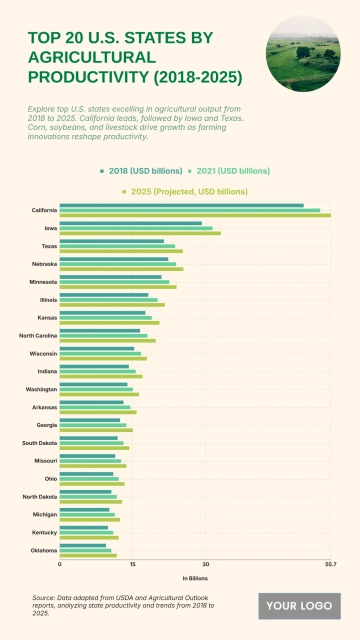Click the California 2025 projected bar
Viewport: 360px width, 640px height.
195,215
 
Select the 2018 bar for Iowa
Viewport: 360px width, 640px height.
131,223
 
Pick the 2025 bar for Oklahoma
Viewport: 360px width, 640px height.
88,555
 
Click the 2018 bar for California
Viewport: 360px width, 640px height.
181,205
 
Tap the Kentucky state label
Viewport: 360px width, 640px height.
43,532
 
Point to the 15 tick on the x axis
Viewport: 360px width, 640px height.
132,565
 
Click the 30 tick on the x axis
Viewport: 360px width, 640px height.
205,565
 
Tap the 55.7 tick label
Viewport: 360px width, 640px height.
330,565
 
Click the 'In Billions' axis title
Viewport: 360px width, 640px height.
195,578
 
